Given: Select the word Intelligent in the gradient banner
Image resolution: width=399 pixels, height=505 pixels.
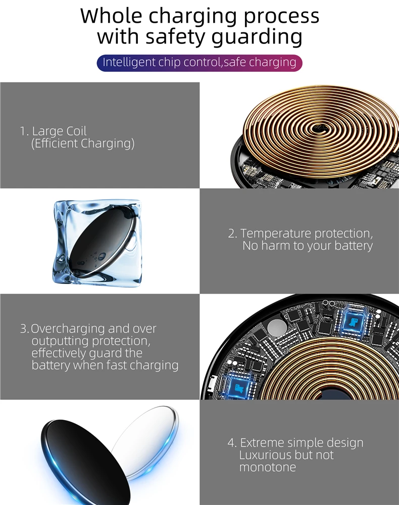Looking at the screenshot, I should click(128, 63).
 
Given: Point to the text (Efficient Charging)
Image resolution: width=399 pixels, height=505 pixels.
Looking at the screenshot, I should click(83, 144).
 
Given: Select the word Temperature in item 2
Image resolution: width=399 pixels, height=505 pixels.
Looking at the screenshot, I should click(276, 234).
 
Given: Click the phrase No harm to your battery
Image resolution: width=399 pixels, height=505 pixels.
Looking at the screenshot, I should click(307, 246).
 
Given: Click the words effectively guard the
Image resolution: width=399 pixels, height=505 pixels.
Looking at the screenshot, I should click(87, 353).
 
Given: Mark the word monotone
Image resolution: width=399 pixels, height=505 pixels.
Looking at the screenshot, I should click(268, 467).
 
